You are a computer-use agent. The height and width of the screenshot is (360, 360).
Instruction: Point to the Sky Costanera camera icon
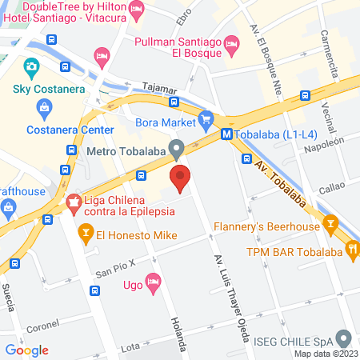tap(32, 66)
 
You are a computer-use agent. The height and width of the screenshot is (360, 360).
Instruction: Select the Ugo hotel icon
tap(154, 282)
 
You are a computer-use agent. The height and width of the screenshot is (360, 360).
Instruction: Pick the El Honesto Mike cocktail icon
tap(85, 234)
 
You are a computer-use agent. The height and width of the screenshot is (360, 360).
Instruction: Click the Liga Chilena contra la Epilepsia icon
tap(74, 204)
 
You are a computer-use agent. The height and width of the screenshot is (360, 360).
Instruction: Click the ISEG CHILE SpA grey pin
tap(344, 337)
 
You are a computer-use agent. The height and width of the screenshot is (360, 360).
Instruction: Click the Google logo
tap(26, 350)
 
